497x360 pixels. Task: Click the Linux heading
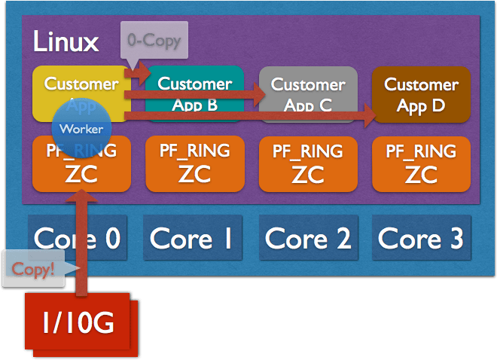point(66,42)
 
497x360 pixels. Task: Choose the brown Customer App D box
point(422,94)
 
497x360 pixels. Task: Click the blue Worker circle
point(81,129)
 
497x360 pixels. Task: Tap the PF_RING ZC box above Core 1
point(194,163)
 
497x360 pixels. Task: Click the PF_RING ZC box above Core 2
point(307,163)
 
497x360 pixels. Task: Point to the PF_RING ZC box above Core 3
point(421,163)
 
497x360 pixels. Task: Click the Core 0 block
point(77,239)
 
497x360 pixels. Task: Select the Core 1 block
point(191,239)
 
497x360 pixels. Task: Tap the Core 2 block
point(308,239)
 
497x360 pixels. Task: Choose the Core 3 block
point(421,239)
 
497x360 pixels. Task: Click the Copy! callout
point(35,269)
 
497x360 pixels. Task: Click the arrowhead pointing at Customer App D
point(368,115)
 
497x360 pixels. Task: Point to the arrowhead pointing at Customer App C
point(260,96)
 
